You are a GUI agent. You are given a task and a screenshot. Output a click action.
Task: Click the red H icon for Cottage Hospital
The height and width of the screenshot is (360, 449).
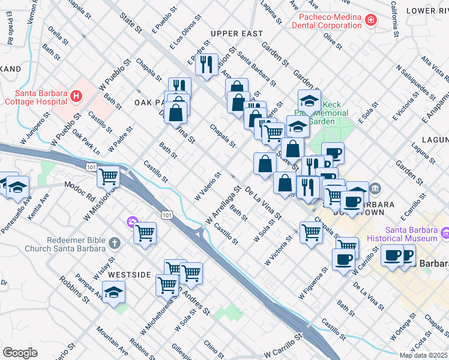[x=76, y=96]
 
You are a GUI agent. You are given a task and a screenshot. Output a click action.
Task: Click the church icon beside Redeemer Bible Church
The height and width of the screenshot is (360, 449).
[x=115, y=244]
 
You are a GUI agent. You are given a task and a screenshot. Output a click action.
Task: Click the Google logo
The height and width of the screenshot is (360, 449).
[x=20, y=353]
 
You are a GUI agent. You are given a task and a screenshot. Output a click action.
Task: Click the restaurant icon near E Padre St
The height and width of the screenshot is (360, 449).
[x=207, y=64]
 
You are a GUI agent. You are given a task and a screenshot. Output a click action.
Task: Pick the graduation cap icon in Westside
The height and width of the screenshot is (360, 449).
[x=113, y=292]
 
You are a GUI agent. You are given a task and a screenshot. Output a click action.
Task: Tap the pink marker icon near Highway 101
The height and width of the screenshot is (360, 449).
[x=131, y=223]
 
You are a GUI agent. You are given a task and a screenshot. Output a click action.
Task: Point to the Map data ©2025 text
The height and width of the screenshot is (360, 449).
[x=424, y=355]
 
